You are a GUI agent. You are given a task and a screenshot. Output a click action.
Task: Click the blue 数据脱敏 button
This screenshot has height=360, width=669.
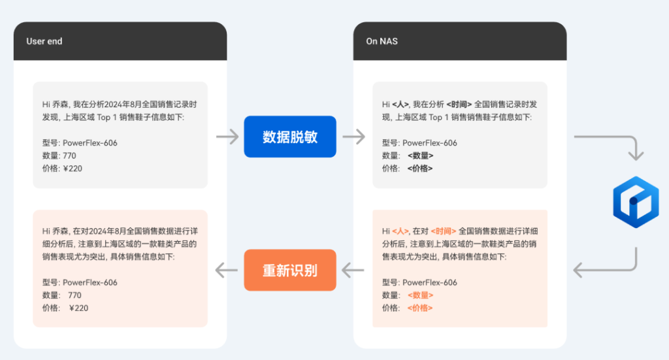(x=290, y=137)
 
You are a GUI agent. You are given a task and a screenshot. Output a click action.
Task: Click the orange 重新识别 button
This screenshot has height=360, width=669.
(x=290, y=270)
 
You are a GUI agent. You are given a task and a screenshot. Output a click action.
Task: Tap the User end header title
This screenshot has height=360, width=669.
(x=44, y=41)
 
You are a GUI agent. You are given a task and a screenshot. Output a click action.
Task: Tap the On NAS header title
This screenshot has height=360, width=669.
(x=382, y=41)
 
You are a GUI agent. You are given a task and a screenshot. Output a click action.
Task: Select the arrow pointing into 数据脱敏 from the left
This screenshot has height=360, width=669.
(x=227, y=137)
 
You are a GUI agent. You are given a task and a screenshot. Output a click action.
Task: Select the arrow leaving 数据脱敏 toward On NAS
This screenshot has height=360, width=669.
(x=353, y=137)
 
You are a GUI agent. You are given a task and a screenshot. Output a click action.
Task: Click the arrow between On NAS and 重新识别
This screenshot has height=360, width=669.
(x=353, y=269)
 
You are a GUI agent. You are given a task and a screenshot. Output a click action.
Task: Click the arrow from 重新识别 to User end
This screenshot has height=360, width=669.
(x=227, y=269)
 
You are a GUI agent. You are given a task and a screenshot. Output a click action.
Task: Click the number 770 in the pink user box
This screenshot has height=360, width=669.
(x=74, y=295)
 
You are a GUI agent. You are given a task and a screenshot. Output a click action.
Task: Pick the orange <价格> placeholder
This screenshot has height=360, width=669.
(x=419, y=308)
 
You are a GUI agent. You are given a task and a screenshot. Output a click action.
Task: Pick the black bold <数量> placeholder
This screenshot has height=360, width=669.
(x=420, y=155)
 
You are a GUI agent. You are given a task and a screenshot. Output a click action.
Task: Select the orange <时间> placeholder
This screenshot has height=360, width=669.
(x=444, y=231)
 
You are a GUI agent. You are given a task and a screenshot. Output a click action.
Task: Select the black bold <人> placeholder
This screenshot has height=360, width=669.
(x=400, y=104)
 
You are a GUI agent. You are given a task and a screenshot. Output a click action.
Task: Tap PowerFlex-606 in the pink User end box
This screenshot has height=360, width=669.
(x=90, y=283)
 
